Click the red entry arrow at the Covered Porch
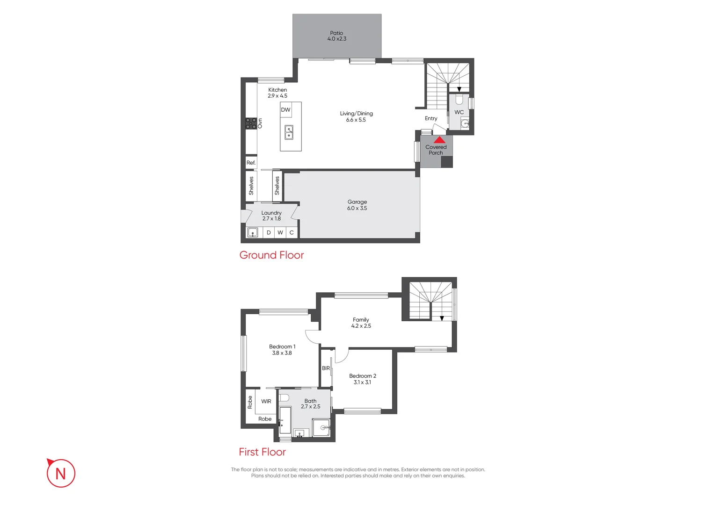tap(439, 140)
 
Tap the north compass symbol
tap(61, 473)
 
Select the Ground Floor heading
tap(271, 255)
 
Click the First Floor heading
tap(262, 452)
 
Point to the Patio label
tap(336, 36)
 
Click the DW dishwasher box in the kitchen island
tap(285, 110)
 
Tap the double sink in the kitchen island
tap(289, 133)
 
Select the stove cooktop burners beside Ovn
tap(251, 123)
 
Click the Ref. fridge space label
tap(251, 163)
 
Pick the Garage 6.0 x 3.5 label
tap(357, 205)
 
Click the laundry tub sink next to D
tap(253, 232)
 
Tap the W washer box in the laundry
tap(280, 232)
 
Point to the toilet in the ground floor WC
tap(459, 100)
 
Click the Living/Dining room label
tap(356, 116)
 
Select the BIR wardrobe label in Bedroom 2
tap(326, 368)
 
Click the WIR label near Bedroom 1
tap(266, 402)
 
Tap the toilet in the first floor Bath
tap(284, 398)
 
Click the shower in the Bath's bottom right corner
tap(322, 427)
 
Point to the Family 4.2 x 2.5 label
tap(361, 323)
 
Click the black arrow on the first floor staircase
tap(442, 318)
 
